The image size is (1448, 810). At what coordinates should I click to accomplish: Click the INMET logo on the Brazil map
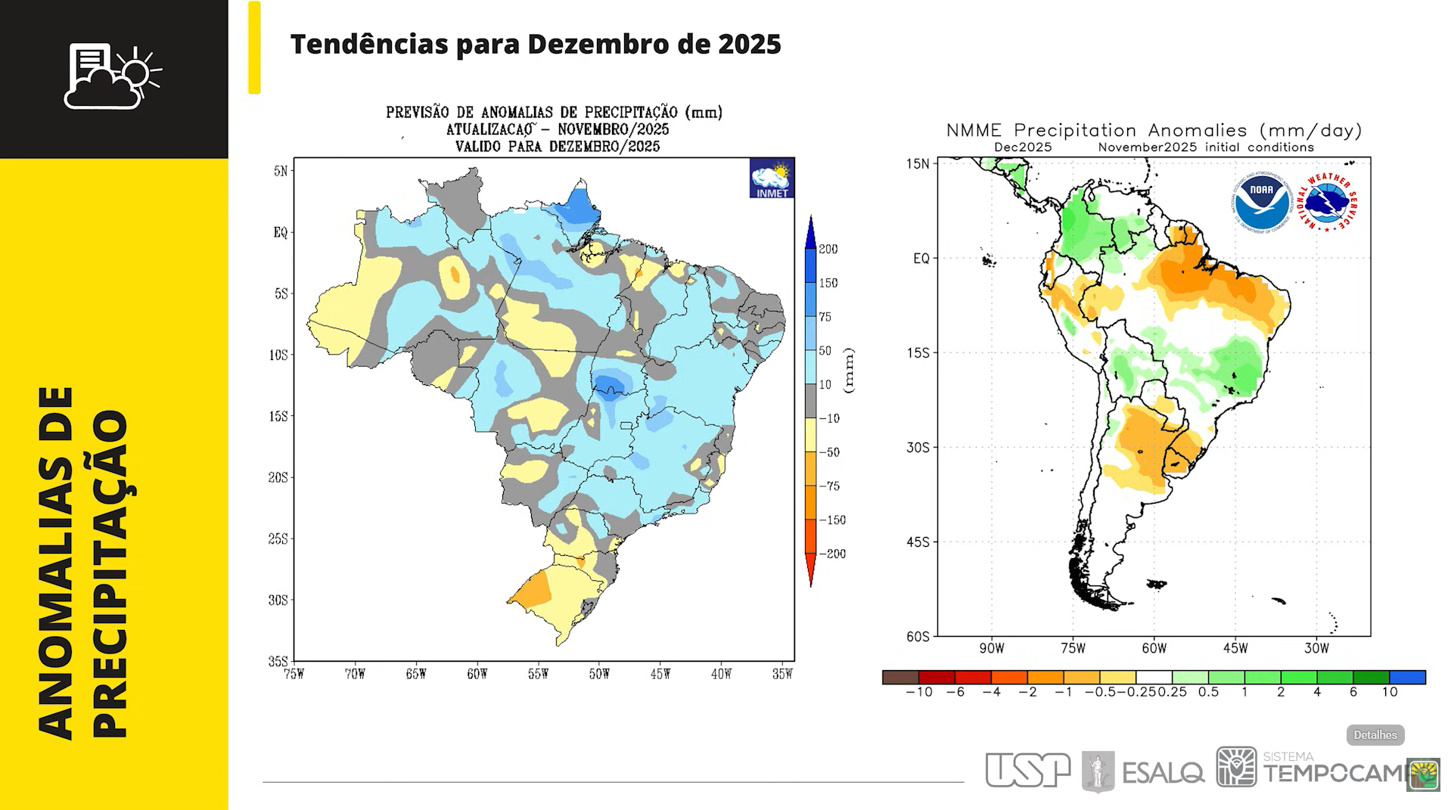coord(771,178)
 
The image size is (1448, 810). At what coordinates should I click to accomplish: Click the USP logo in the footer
coord(1027,770)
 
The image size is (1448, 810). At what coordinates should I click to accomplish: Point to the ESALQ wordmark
coord(1163,773)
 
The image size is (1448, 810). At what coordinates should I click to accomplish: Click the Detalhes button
coord(1375,734)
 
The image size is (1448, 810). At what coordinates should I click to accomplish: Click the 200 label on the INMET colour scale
coord(828,249)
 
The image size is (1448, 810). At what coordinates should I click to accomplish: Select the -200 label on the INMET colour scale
coord(832,554)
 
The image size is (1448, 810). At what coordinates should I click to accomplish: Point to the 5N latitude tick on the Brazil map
coord(281,171)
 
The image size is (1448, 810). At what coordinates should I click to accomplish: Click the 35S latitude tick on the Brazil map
coord(278,661)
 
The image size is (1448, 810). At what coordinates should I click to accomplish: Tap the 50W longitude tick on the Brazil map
coord(599,674)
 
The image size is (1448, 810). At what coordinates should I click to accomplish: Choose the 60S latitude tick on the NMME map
coord(918,636)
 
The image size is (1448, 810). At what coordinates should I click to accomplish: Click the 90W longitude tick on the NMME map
coord(991,648)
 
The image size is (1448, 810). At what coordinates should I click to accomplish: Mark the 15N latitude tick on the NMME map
coord(918,163)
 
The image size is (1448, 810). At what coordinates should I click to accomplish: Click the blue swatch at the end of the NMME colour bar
coord(1407,677)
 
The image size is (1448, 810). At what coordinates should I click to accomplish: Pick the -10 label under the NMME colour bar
coord(918,692)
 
